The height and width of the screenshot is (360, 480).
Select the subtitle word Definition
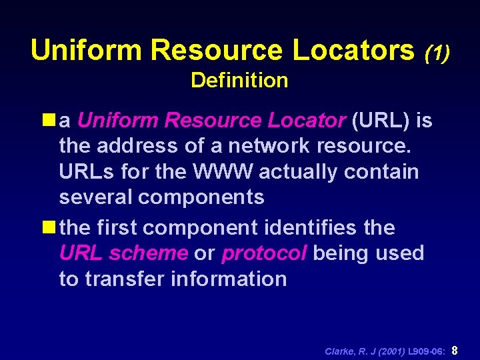(x=239, y=81)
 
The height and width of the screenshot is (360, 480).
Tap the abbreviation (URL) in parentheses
(x=380, y=121)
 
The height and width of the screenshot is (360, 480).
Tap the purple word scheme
(x=149, y=253)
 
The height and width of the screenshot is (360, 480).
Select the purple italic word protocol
(x=264, y=253)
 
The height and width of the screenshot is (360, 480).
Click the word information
(x=230, y=279)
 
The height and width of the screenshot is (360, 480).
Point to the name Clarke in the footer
(x=340, y=350)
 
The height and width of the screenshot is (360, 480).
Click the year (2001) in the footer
(x=391, y=350)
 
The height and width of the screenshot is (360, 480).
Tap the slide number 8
(x=455, y=349)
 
